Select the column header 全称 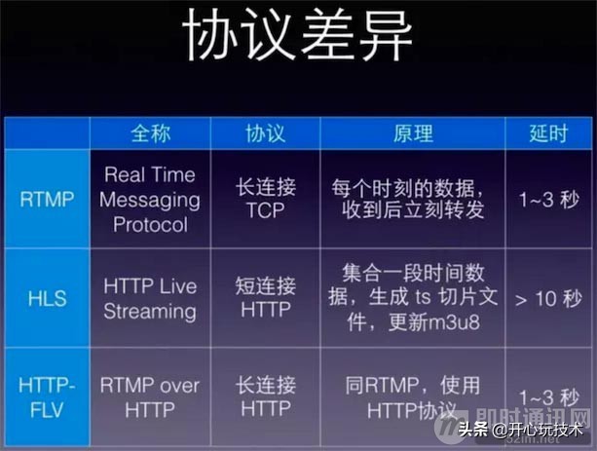(150, 133)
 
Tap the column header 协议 (265, 133)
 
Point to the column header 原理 (413, 133)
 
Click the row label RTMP (46, 199)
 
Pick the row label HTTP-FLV (46, 397)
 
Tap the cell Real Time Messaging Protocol (150, 199)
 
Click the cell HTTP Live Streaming (150, 298)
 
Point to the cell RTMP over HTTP (150, 397)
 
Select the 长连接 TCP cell (265, 199)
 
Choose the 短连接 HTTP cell (265, 298)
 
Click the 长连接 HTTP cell (265, 397)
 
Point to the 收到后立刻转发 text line (413, 210)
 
